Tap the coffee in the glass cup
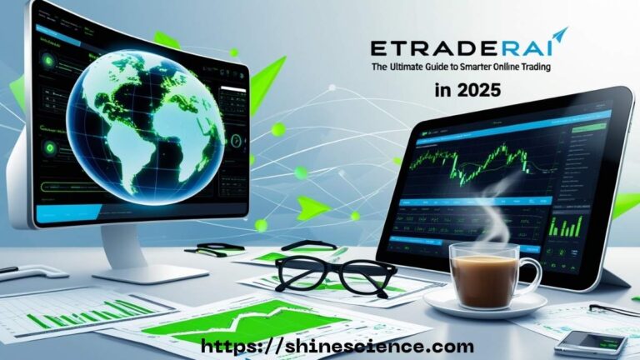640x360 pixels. click(x=482, y=271)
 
